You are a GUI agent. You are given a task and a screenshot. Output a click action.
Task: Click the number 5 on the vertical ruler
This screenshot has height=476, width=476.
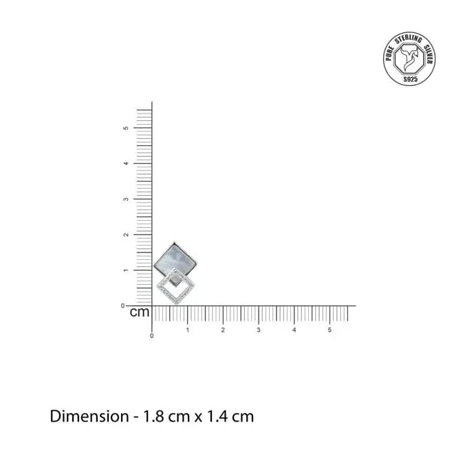pos(126,128)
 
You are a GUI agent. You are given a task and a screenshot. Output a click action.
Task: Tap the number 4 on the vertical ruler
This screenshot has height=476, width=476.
pos(126,163)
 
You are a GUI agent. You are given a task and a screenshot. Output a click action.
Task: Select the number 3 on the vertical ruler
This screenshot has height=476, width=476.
pos(126,199)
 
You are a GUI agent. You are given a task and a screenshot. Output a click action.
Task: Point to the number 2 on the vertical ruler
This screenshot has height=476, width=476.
pos(126,235)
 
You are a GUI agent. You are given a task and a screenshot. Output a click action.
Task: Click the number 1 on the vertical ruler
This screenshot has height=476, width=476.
pos(126,270)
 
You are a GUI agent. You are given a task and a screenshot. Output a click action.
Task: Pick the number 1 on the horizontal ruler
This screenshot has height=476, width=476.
pos(188,330)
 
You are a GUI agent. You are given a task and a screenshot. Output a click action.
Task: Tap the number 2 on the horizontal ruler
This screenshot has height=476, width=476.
pos(223,330)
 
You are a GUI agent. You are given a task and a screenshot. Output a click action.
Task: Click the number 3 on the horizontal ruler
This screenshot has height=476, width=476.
pos(259,330)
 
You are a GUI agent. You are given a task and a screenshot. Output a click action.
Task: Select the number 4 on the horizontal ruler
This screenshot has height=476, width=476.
pos(294,330)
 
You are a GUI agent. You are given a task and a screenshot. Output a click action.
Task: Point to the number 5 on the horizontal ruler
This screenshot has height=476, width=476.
pos(329,330)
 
